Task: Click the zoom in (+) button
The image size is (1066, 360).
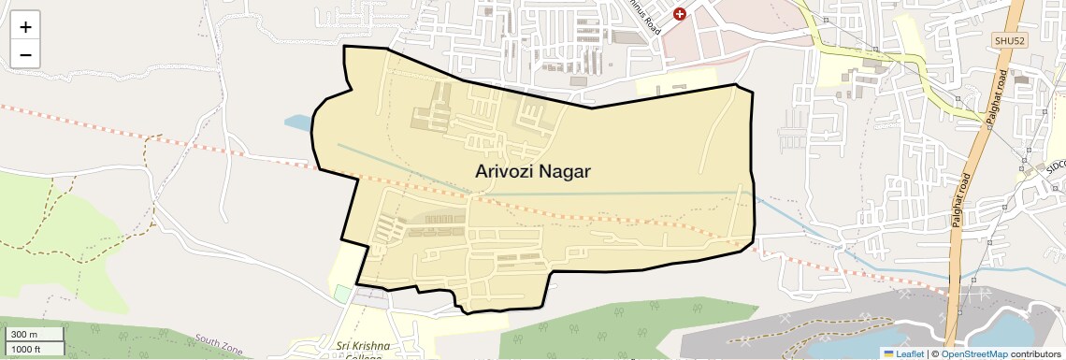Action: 25,28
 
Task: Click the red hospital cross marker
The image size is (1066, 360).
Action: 680,13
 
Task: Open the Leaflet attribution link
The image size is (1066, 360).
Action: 903,353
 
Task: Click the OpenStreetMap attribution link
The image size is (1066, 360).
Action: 973,353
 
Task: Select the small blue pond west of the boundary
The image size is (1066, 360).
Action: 296,122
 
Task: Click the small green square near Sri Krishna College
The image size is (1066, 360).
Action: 342,294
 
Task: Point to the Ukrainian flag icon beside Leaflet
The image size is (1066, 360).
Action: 888,353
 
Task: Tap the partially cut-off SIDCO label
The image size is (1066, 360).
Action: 1054,165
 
